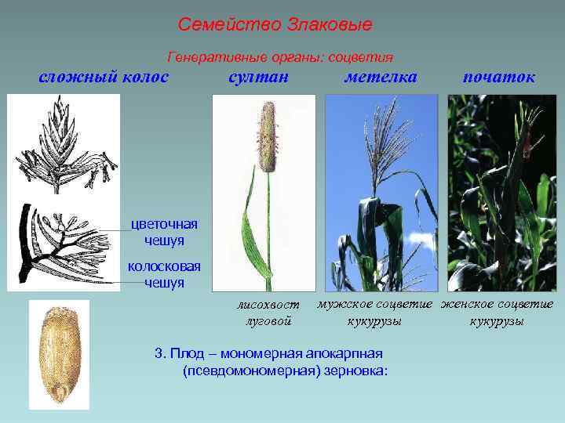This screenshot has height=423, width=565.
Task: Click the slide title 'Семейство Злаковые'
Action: (x=275, y=24)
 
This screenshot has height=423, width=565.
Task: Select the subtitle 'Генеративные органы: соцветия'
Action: (x=280, y=57)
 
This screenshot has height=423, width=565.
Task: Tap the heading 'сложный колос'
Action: (x=104, y=76)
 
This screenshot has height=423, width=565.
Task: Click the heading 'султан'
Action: (x=258, y=76)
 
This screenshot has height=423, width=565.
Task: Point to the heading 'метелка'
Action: (x=381, y=76)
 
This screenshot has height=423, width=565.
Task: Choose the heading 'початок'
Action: (x=499, y=76)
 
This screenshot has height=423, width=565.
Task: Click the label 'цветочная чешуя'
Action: (x=164, y=231)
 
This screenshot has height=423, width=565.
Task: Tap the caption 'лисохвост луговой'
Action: (x=268, y=313)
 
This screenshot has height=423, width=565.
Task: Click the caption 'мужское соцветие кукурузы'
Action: (x=374, y=313)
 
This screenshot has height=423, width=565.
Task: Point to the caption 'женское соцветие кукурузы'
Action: (x=498, y=313)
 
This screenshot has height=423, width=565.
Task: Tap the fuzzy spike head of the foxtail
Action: (x=268, y=137)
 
